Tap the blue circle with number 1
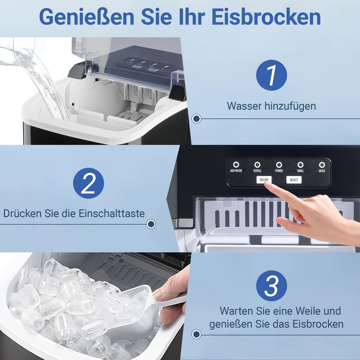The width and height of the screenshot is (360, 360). point(271,75)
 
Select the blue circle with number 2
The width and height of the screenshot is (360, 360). point(89,183)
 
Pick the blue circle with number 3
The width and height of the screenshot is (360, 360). point(271,285)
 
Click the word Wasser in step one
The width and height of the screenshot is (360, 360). point(244,106)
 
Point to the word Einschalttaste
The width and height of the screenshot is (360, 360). point(112,213)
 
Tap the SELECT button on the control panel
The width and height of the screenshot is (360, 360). point(294,180)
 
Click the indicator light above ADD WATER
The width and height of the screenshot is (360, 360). point(236,165)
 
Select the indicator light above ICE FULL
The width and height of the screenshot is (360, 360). point(257,165)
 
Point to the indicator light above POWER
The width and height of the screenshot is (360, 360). point(279,165)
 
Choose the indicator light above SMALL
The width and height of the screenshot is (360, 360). point(300,165)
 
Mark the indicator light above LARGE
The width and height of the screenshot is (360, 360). point(322,165)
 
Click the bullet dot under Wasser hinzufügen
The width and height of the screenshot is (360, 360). point(196,119)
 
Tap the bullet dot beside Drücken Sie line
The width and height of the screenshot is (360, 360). point(151,224)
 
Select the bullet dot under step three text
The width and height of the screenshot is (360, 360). point(196,334)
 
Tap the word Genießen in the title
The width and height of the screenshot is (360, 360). point(86,17)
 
